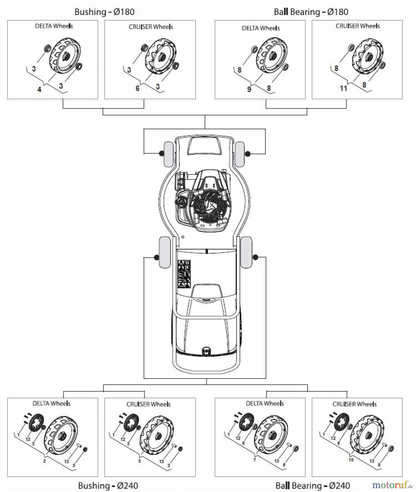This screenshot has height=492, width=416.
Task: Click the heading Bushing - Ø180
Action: pyautogui.click(x=104, y=12)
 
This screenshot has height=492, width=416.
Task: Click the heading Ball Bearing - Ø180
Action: pyautogui.click(x=311, y=12)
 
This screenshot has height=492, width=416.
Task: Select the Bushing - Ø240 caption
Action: pyautogui.click(x=108, y=485)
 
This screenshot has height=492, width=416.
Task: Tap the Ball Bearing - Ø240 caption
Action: pyautogui.click(x=313, y=485)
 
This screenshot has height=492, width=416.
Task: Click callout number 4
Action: pyautogui.click(x=39, y=89)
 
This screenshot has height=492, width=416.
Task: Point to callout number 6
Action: pyautogui.click(x=138, y=88)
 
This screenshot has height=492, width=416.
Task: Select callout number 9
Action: pyautogui.click(x=249, y=89)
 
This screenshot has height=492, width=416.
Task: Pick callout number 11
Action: pyautogui.click(x=343, y=88)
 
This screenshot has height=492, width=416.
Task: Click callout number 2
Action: pyautogui.click(x=44, y=461)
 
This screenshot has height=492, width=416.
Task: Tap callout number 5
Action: pyautogui.click(x=139, y=461)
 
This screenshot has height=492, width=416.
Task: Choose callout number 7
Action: pyautogui.click(x=254, y=460)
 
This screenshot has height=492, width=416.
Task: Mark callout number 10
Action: pyautogui.click(x=351, y=460)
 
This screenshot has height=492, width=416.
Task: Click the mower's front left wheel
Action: pyautogui.click(x=168, y=154)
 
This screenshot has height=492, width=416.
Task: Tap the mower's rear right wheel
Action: pyautogui.click(x=246, y=252)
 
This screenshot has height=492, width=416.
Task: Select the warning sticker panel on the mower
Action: pyautogui.click(x=184, y=274)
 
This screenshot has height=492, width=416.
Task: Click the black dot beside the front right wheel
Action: pyautogui.click(x=248, y=154)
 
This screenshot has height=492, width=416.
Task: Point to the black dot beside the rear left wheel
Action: pyautogui.click(x=156, y=257)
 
